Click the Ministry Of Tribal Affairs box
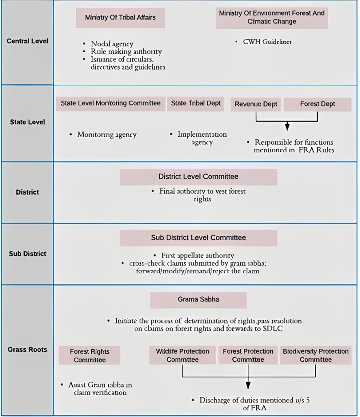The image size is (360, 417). (x=120, y=18)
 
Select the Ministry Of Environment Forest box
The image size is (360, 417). (x=271, y=18)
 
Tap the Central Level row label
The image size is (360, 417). (x=27, y=41)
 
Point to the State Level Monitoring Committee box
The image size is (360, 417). (x=110, y=103)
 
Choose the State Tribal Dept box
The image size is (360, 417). (x=196, y=103)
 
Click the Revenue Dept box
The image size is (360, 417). (x=256, y=104)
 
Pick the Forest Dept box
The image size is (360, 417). (x=317, y=104)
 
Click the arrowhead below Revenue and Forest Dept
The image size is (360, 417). (x=287, y=127)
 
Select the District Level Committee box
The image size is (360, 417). (x=198, y=177)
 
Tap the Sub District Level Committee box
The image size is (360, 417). (x=198, y=238)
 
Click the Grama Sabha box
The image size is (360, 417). (x=198, y=299)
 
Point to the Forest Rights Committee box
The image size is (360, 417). (x=90, y=356)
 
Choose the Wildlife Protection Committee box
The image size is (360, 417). (x=182, y=355)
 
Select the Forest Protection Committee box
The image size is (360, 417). (x=248, y=355)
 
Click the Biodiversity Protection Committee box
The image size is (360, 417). (x=315, y=355)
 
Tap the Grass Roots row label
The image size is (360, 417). (x=27, y=350)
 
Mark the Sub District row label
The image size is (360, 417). (x=27, y=254)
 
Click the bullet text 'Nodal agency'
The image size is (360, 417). (x=112, y=44)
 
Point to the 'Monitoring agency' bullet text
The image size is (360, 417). (x=107, y=134)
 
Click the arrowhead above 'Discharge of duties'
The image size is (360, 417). (x=248, y=385)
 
